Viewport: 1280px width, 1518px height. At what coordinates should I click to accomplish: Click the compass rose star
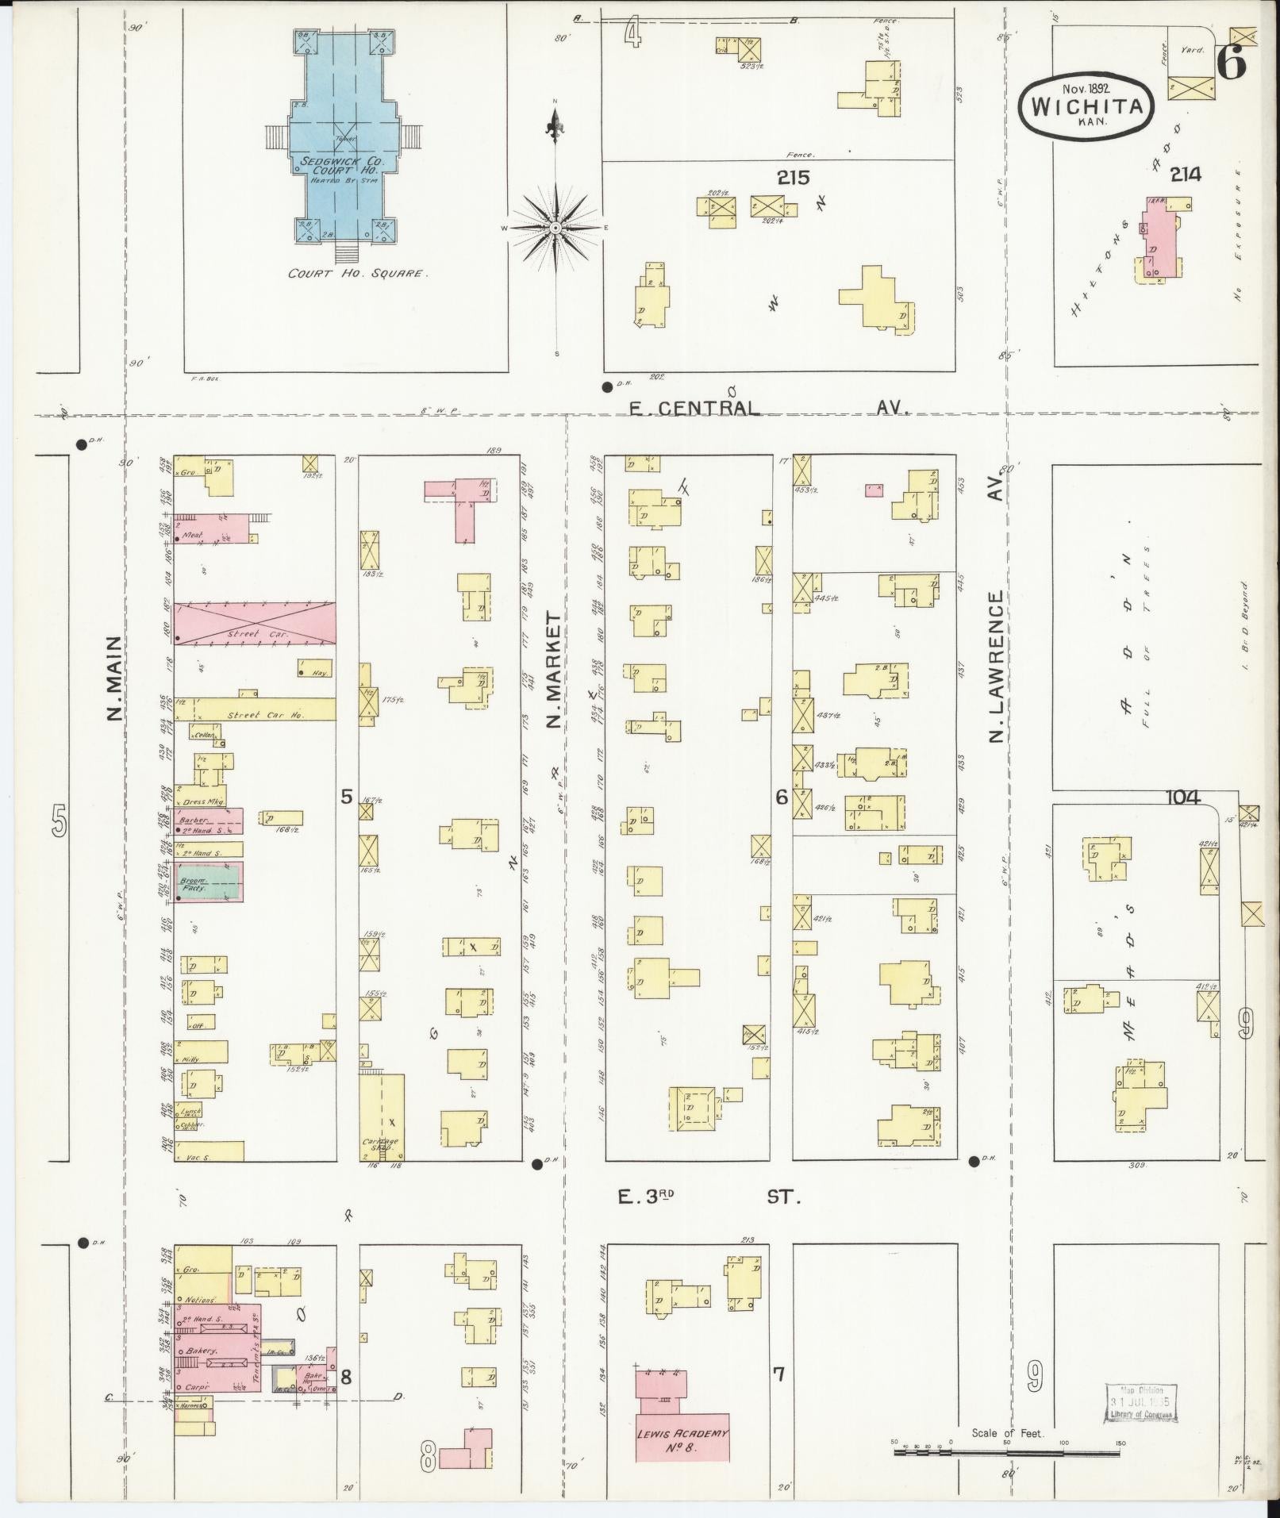pos(556,229)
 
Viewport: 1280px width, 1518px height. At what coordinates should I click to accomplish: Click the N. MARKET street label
pos(554,671)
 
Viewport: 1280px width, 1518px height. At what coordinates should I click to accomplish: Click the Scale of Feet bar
pos(1008,1452)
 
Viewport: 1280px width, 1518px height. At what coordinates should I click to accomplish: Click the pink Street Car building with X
pos(254,623)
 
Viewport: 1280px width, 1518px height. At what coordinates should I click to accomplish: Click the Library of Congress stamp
pos(1140,1403)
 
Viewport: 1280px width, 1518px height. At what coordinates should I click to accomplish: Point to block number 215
pos(793,179)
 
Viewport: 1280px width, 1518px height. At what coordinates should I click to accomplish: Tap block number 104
pos(1182,797)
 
